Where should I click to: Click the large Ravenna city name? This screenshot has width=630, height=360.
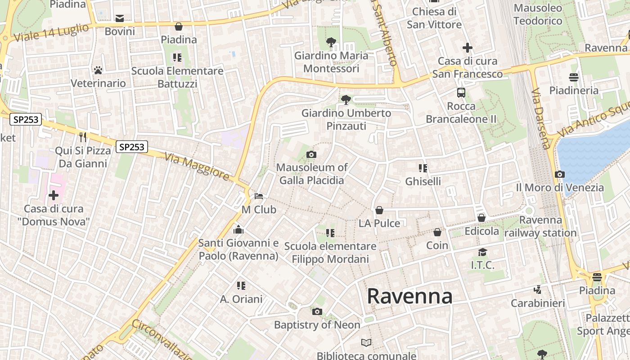click(409, 296)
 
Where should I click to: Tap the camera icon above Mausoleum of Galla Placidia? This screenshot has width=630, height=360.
click(311, 155)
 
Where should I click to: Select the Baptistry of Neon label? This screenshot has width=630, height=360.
click(317, 324)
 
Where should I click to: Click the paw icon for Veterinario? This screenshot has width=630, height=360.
click(98, 70)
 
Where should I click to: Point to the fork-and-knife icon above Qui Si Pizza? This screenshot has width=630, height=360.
click(82, 137)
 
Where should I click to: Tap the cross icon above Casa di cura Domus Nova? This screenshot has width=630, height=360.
click(54, 195)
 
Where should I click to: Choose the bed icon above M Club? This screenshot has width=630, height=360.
click(259, 196)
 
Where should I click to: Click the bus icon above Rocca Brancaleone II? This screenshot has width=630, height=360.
click(461, 93)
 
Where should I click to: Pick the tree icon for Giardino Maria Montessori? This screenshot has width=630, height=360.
click(331, 43)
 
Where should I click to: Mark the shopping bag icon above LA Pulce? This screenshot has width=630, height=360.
click(379, 210)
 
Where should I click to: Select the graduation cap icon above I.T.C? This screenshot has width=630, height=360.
click(482, 252)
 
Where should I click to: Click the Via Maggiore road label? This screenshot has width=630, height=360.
click(197, 166)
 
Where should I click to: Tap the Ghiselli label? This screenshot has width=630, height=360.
click(423, 181)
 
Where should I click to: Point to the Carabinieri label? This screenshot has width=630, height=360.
click(537, 303)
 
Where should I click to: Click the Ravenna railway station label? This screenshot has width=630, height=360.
click(540, 226)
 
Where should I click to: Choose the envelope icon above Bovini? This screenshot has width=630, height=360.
click(120, 18)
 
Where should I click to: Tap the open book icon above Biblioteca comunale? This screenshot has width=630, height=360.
click(367, 343)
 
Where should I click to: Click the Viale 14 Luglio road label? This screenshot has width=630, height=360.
click(51, 33)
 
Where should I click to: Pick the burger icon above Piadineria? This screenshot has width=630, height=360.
click(574, 77)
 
